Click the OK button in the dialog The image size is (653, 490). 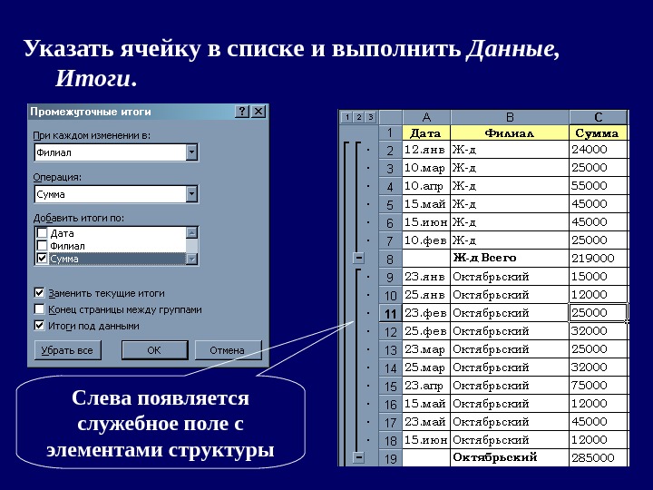pyautogui.click(x=154, y=350)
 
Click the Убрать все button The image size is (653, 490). pyautogui.click(x=67, y=350)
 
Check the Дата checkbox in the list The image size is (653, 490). pyautogui.click(x=42, y=233)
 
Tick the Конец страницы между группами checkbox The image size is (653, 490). pyautogui.click(x=39, y=309)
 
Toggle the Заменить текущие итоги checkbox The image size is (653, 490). pyautogui.click(x=39, y=293)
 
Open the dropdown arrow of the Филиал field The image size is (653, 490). pyautogui.click(x=191, y=152)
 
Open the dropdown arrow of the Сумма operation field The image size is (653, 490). pyautogui.click(x=191, y=194)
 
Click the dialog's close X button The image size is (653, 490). pyautogui.click(x=258, y=112)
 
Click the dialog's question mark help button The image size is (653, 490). pyautogui.click(x=242, y=112)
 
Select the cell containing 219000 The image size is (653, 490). pyautogui.click(x=598, y=259)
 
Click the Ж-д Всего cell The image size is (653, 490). pyautogui.click(x=509, y=259)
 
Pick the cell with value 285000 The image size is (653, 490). pyautogui.click(x=598, y=458)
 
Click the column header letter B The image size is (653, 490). pyautogui.click(x=509, y=117)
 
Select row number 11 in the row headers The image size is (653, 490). pyautogui.click(x=390, y=314)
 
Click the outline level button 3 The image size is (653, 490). pyautogui.click(x=370, y=117)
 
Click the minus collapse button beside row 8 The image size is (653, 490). pyautogui.click(x=359, y=259)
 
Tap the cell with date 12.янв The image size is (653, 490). pyautogui.click(x=425, y=150)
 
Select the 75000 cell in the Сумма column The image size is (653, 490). pyautogui.click(x=598, y=386)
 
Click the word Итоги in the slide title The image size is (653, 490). pyautogui.click(x=93, y=80)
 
